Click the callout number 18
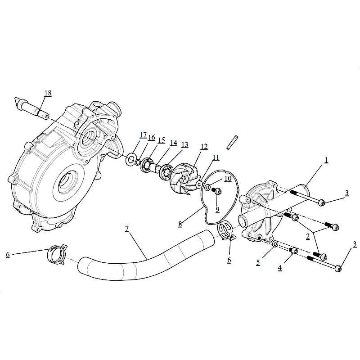click(48, 93)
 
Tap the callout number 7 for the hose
click(127, 229)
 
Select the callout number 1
click(326, 160)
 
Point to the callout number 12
click(204, 147)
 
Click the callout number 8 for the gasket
click(180, 224)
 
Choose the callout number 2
click(308, 236)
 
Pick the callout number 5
click(258, 262)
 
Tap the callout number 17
click(143, 135)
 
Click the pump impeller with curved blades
click(183, 178)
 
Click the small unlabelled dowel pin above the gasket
click(232, 143)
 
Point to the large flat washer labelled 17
click(130, 159)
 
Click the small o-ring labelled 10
click(207, 188)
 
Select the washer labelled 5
click(275, 244)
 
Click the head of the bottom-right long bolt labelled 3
click(338, 268)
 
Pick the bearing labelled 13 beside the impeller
click(165, 172)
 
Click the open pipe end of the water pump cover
click(243, 221)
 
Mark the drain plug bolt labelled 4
click(293, 251)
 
